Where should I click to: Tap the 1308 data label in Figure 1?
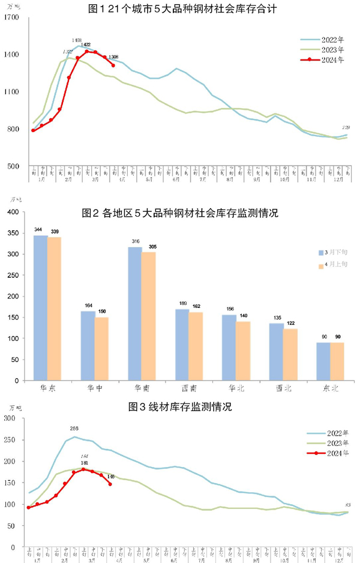pyautogui.click(x=118, y=56)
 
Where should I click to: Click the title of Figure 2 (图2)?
pyautogui.click(x=180, y=213)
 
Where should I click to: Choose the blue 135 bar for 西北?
pyautogui.click(x=276, y=351)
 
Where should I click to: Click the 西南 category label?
pyautogui.click(x=188, y=388)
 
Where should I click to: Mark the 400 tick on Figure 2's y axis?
pyautogui.click(x=13, y=212)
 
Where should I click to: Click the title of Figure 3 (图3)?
pyautogui.click(x=180, y=406)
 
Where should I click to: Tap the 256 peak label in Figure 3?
pyautogui.click(x=74, y=429)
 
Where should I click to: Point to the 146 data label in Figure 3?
pyautogui.click(x=111, y=477)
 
